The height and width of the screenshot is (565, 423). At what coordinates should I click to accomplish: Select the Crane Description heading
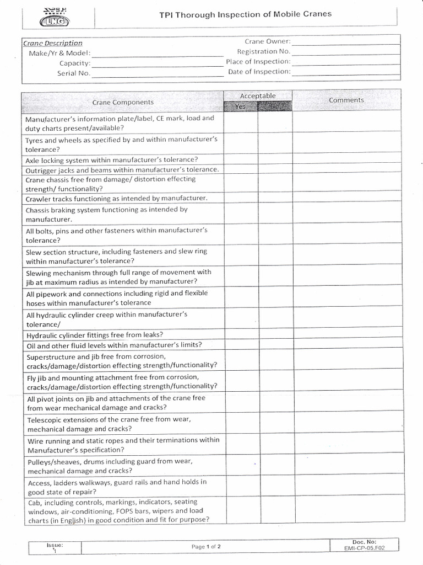(x=53, y=42)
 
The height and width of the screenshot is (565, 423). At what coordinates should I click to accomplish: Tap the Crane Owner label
(x=268, y=41)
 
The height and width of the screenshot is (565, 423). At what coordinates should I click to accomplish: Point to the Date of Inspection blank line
(x=346, y=73)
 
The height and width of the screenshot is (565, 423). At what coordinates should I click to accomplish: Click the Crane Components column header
(x=123, y=102)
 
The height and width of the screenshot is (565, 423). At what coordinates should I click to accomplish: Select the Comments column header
(x=346, y=100)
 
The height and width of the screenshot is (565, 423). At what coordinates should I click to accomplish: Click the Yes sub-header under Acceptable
(x=241, y=106)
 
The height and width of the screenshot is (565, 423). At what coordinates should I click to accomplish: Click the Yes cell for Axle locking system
(x=241, y=159)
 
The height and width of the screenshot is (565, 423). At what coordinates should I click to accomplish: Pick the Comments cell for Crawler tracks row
(x=346, y=198)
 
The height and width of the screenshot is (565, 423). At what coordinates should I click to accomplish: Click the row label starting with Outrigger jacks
(x=122, y=169)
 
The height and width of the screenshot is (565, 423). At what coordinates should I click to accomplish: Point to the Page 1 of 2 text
(x=206, y=547)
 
